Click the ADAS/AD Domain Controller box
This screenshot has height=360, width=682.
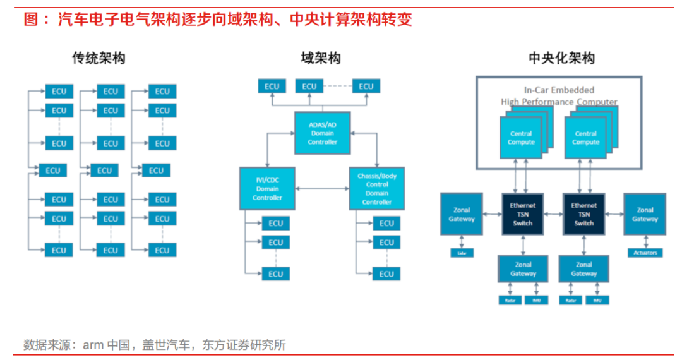[x=322, y=133]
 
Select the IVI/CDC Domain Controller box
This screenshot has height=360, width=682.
[x=267, y=189]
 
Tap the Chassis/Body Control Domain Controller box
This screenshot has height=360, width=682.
[x=376, y=189]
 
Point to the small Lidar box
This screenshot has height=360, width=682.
[x=461, y=253]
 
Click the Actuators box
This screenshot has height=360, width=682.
[x=645, y=253]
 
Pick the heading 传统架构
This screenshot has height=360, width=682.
[x=99, y=59]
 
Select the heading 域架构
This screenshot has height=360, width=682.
[x=321, y=59]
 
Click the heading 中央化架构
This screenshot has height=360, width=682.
[x=561, y=59]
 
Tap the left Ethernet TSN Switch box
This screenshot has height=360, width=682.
[x=522, y=214]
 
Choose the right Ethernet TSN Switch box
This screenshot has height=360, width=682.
[x=583, y=214]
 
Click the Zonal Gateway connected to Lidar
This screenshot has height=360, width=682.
[x=461, y=214]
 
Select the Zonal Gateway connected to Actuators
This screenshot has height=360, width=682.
[x=645, y=214]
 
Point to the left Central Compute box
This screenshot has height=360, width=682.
[x=521, y=138]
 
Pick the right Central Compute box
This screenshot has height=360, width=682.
[x=585, y=138]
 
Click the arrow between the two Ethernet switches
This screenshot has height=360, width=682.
[x=553, y=214]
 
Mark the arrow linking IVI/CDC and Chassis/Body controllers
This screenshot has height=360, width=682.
[x=322, y=188]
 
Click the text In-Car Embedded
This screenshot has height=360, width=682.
[x=559, y=90]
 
